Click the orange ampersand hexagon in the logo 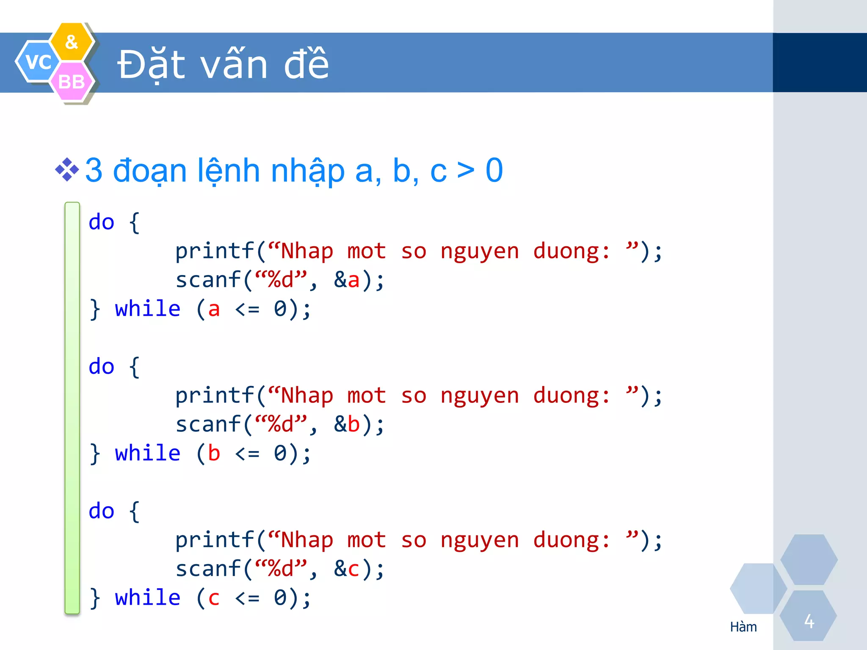[x=72, y=41]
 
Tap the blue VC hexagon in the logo [x=38, y=62]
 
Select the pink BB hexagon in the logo [x=71, y=82]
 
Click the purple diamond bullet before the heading [x=67, y=170]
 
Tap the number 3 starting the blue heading [x=94, y=171]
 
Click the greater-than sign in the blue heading [x=466, y=171]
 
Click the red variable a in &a [x=353, y=280]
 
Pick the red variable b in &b [x=353, y=424]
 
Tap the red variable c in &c [x=353, y=569]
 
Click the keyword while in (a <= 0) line [x=147, y=308]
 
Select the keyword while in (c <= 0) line [x=147, y=598]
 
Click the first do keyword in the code [x=102, y=222]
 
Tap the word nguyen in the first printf [x=480, y=251]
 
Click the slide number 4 [x=809, y=621]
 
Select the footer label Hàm [x=743, y=627]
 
